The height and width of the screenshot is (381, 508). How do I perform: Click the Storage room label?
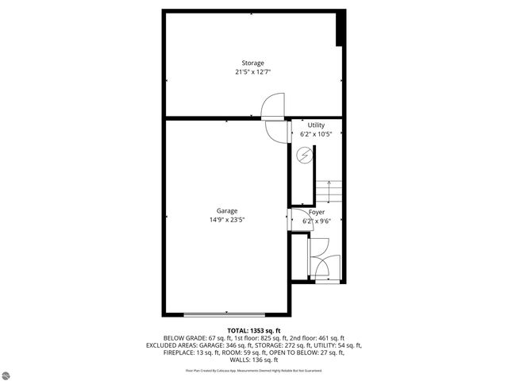[x=253, y=63]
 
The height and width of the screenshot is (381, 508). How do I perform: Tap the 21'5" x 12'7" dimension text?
[x=253, y=71]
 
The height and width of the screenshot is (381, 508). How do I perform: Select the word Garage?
[x=227, y=210]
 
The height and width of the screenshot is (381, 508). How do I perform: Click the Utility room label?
[x=317, y=125]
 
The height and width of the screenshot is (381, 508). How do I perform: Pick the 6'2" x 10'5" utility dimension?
[x=317, y=134]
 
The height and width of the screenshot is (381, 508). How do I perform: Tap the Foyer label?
[x=317, y=213]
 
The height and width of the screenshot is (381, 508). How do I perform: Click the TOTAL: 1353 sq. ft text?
[x=253, y=330]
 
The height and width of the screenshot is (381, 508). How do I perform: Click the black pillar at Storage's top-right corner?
[x=341, y=29]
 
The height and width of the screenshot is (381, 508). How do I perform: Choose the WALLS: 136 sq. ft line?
[x=253, y=360]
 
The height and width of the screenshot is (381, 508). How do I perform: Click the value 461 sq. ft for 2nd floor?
[x=330, y=338]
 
